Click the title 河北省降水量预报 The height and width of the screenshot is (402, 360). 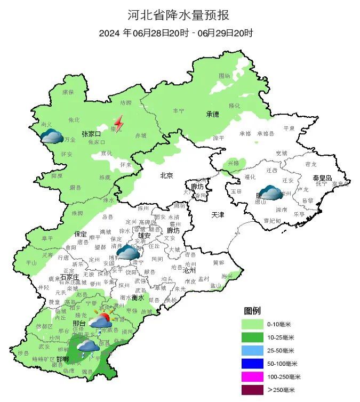tap(179, 14)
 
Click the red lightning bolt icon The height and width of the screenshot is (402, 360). tap(119, 124)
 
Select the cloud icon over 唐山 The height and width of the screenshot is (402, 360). tap(270, 192)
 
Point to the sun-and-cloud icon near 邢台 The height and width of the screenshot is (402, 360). tap(100, 320)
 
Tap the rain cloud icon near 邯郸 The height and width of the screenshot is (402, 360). tap(87, 348)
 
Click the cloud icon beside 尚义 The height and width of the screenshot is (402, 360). tap(52, 136)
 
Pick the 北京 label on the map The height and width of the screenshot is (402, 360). tap(166, 175)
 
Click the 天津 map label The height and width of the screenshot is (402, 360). tap(218, 215)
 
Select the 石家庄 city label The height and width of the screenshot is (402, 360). tap(70, 277)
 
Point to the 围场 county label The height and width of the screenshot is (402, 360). tap(225, 76)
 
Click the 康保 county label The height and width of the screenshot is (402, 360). tap(68, 92)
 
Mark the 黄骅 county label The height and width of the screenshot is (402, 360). tap(219, 262)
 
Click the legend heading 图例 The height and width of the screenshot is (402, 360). tap(252, 311)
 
